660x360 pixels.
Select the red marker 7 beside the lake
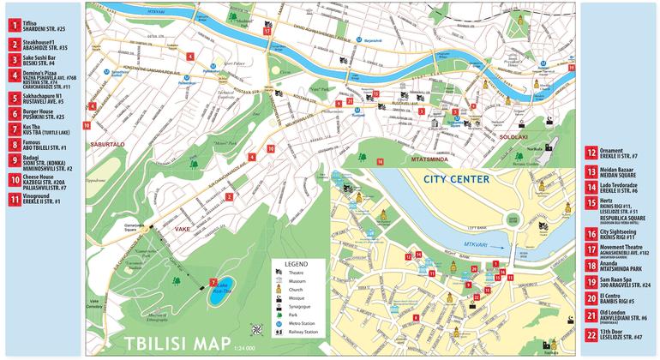(212, 283)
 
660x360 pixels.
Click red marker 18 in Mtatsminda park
(381, 161)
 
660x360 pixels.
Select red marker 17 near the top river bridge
(267, 31)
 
